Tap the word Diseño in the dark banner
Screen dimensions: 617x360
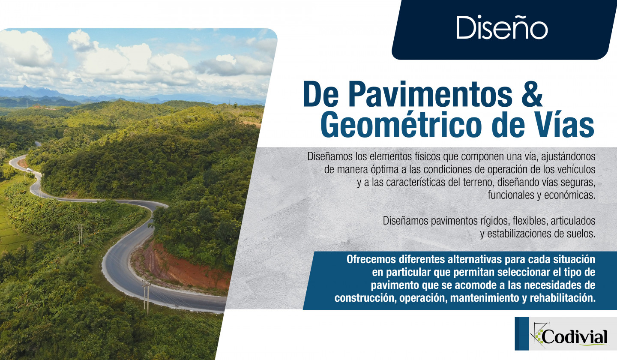[x=502, y=27]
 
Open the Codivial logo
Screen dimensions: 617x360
[x=566, y=333]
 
